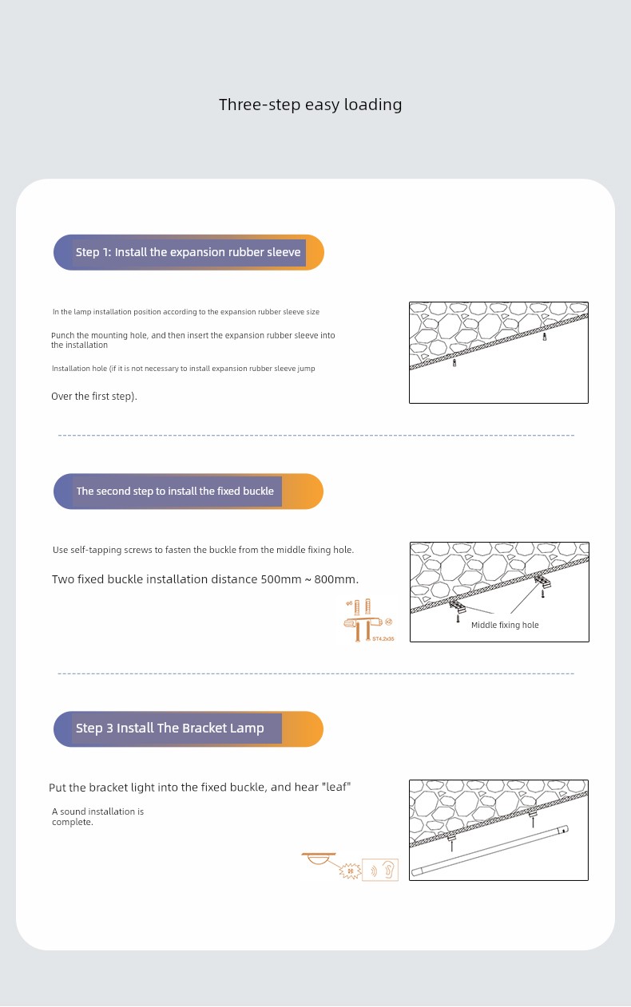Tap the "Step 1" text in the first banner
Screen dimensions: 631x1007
pyautogui.click(x=93, y=252)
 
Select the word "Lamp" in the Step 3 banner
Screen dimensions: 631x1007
pyautogui.click(x=248, y=729)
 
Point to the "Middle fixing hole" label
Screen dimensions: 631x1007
pyautogui.click(x=505, y=625)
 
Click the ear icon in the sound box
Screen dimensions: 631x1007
pyautogui.click(x=389, y=869)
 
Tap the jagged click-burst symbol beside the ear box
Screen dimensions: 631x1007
pyautogui.click(x=350, y=871)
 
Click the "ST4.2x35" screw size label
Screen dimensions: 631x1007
pyautogui.click(x=383, y=639)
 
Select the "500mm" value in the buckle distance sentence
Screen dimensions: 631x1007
pyautogui.click(x=281, y=579)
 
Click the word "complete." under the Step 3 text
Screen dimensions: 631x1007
pyautogui.click(x=73, y=822)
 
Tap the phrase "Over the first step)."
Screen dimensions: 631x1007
pyautogui.click(x=94, y=396)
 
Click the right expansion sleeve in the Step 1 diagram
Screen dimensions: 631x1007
pyautogui.click(x=545, y=337)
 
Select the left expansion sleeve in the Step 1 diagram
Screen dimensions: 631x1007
pyautogui.click(x=454, y=362)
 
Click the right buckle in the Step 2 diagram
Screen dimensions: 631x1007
pyautogui.click(x=543, y=582)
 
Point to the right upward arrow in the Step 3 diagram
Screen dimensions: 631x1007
pyautogui.click(x=533, y=822)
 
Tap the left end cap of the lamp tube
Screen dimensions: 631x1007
pyautogui.click(x=417, y=871)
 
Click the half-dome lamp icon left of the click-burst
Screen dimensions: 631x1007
pyautogui.click(x=319, y=859)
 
